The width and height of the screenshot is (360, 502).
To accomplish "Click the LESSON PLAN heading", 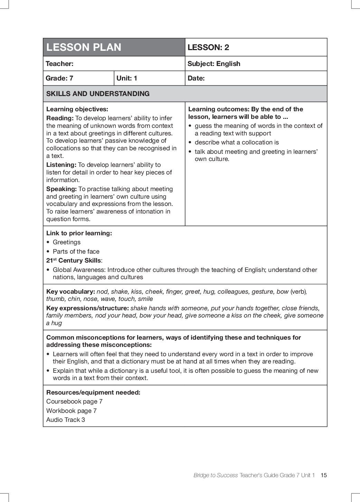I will (84, 47).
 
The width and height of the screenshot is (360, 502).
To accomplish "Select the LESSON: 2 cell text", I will (208, 48).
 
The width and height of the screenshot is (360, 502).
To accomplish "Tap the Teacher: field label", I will (59, 64).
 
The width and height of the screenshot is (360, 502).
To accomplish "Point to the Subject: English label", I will (214, 64).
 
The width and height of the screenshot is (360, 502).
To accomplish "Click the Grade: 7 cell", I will (59, 78).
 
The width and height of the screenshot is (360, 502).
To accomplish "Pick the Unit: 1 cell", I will (127, 78).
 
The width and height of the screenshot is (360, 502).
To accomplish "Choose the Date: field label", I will (196, 78).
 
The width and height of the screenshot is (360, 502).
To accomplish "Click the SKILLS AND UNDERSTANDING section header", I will (98, 94).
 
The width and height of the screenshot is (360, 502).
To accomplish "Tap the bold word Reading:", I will (60, 118).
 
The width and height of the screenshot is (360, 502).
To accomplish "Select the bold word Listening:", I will (61, 165).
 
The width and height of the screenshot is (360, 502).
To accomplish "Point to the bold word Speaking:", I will (61, 189).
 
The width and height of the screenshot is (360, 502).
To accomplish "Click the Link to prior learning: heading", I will (79, 233).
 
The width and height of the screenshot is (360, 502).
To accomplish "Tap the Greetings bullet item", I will (66, 242).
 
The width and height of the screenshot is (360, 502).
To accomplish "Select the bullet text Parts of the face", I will (76, 252).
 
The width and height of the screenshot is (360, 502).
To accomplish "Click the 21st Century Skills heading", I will (74, 261).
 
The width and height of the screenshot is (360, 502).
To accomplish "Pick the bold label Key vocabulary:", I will (70, 292).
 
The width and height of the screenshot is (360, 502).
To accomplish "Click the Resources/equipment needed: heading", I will (93, 392).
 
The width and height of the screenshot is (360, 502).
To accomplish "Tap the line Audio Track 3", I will (66, 420).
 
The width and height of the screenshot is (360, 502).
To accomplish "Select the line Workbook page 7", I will (72, 411).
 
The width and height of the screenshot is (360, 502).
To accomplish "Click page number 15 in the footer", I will (323, 475).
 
